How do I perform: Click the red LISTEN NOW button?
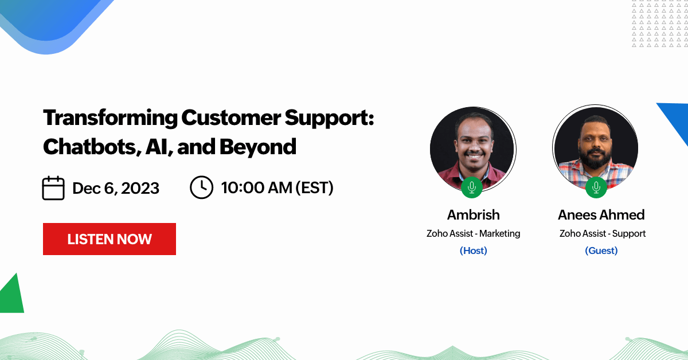click(110, 239)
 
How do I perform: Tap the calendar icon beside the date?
click(53, 188)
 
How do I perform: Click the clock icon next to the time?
click(201, 187)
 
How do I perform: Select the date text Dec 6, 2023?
click(116, 188)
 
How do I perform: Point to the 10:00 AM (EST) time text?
click(277, 187)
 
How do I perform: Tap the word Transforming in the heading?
click(110, 118)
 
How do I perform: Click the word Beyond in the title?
click(258, 147)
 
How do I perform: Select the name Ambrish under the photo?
click(474, 215)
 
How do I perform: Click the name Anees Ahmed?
click(601, 215)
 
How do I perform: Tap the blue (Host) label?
click(474, 251)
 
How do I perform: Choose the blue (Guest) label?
click(601, 251)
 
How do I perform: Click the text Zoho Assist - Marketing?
click(474, 233)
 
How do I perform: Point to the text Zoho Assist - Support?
click(603, 234)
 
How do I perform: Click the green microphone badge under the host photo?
click(472, 187)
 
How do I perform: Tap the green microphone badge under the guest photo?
click(596, 187)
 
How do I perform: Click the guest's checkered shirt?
click(568, 174)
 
